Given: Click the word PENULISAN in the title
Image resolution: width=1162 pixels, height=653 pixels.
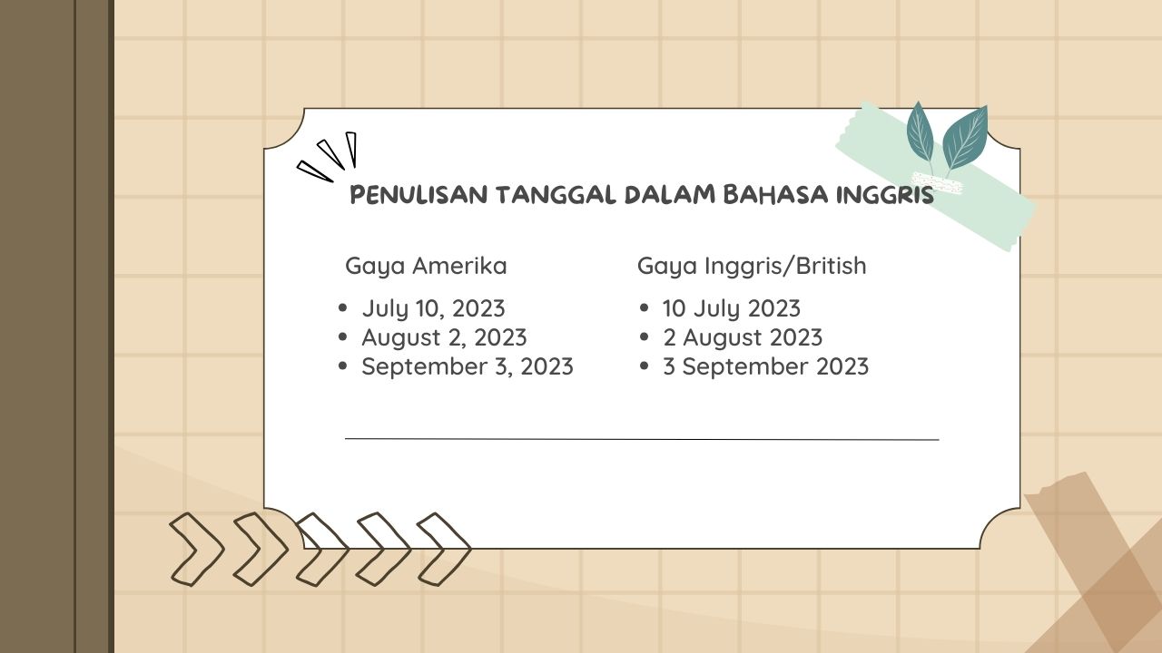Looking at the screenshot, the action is tap(419, 195).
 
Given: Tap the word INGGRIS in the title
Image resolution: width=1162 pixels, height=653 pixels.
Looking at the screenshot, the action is tap(884, 195).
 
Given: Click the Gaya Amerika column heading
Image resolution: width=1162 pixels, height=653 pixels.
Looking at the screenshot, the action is tap(426, 267).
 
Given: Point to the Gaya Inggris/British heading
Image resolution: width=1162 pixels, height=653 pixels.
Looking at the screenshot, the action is tap(752, 266).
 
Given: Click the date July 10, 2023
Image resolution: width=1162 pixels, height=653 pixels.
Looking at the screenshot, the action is tap(433, 309).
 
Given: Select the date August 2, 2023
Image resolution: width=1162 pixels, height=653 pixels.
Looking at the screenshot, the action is tap(444, 338).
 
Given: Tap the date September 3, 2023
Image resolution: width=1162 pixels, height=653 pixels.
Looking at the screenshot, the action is tap(468, 366).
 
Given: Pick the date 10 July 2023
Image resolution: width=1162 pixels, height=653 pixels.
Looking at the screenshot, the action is tap(732, 309).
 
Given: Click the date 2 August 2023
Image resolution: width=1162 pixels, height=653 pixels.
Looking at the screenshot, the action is tap(743, 338).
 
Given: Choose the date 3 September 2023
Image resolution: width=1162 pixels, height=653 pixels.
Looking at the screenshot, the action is tap(765, 366).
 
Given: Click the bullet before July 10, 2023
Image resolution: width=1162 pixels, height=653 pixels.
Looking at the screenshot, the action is tap(342, 307).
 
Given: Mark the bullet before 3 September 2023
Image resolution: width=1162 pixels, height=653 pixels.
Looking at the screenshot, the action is tap(645, 365).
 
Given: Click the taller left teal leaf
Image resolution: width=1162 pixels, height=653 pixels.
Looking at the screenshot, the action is tap(921, 133).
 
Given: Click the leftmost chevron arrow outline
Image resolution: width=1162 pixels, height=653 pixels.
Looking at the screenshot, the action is tap(195, 550).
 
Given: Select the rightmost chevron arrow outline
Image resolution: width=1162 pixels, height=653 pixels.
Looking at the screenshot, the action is tap(443, 550).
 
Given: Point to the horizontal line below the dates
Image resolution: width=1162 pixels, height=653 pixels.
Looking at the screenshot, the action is tap(642, 440).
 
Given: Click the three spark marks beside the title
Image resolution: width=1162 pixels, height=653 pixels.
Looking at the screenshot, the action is tap(328, 156).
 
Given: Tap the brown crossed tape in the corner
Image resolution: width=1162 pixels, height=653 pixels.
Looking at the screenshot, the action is tap(1099, 565).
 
